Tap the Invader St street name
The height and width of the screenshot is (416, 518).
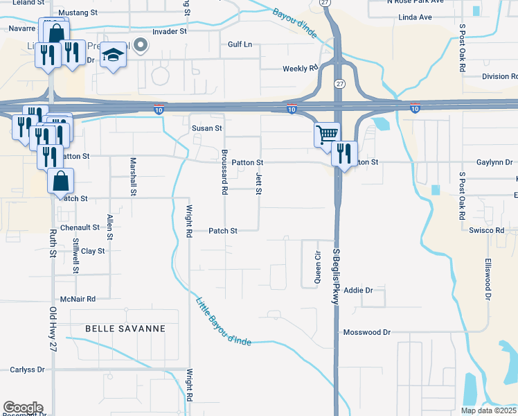pos(170,31)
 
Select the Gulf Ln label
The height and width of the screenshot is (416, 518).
pos(240,44)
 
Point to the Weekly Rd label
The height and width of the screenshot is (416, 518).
pos(299,69)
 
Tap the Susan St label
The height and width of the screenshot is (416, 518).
pos(206,128)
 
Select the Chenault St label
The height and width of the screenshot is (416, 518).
pos(80,227)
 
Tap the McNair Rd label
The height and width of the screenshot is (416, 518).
pos(77,299)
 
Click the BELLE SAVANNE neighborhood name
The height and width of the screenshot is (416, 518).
pos(125,329)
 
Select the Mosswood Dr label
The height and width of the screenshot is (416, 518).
pos(367,333)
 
